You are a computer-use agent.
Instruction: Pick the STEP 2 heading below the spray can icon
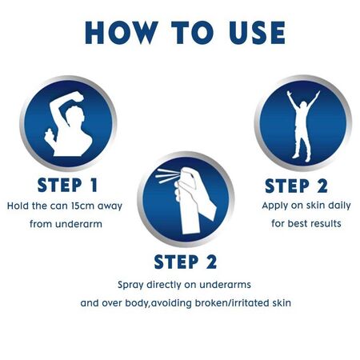[x=186, y=262]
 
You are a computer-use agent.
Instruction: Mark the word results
[x=323, y=224]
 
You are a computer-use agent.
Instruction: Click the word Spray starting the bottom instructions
[x=131, y=285]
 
